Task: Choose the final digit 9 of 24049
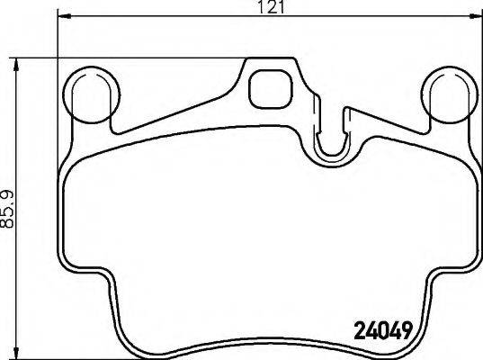(x=407, y=328)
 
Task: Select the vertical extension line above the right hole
(x=477, y=40)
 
